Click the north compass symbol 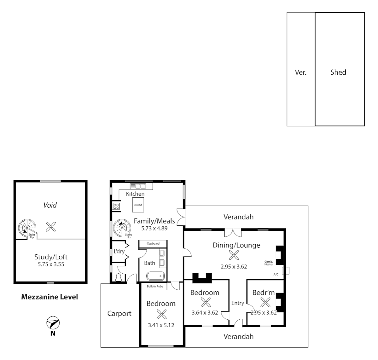tap(53, 323)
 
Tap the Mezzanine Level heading tap(50, 297)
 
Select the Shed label tap(338, 72)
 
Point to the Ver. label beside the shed tap(301, 72)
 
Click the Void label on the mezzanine tap(50, 205)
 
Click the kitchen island tap(138, 205)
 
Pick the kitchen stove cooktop tap(116, 206)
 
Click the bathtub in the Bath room tap(156, 276)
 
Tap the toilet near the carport tap(118, 278)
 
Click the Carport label tap(119, 313)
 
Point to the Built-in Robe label tap(155, 286)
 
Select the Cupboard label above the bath tap(153, 244)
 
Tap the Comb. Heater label tap(269, 263)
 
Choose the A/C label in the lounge tap(276, 275)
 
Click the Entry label tap(238, 303)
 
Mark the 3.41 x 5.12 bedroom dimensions tap(162, 325)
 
